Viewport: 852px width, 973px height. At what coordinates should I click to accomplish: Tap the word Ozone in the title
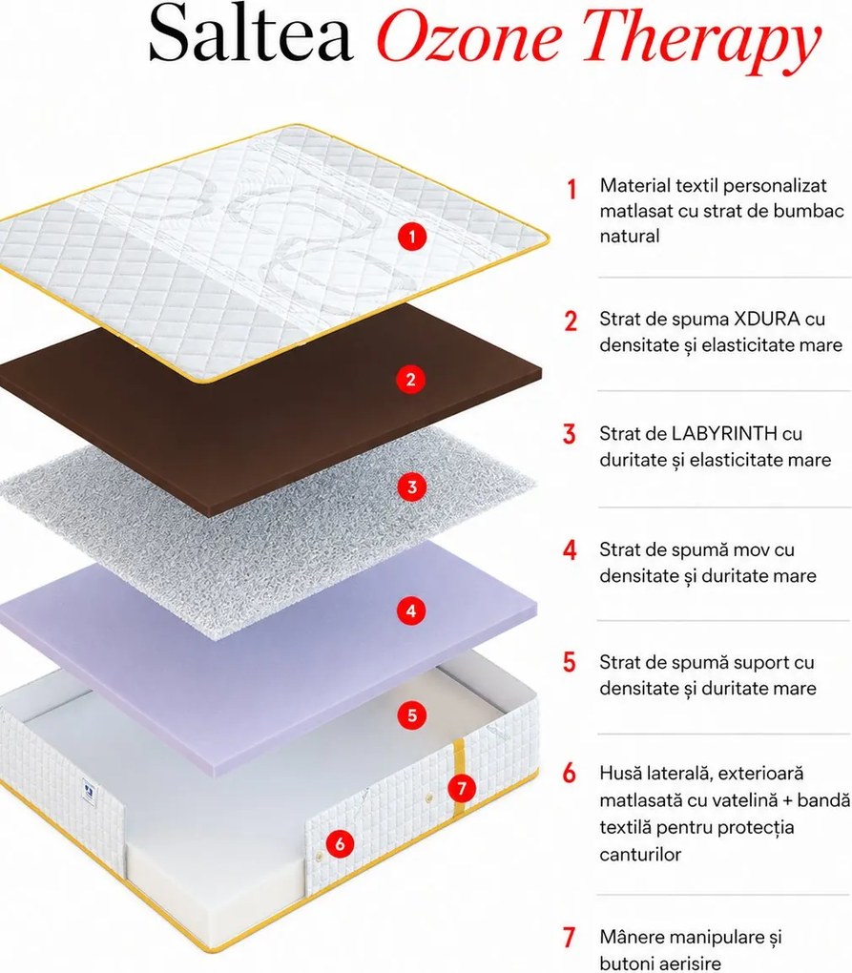pos(469,38)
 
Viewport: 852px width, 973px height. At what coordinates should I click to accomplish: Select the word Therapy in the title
pos(701,39)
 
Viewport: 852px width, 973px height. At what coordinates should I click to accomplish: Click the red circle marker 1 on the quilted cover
pos(412,237)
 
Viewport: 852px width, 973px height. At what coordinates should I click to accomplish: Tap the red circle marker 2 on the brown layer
pos(411,379)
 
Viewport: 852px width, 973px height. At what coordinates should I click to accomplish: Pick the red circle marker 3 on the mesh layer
pos(412,487)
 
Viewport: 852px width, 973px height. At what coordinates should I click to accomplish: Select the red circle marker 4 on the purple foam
pos(411,611)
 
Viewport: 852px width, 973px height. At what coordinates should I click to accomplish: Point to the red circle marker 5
pos(412,715)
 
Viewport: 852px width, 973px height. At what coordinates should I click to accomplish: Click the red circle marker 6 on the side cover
pos(340,843)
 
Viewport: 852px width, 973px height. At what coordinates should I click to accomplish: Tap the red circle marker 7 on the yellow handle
pos(462,788)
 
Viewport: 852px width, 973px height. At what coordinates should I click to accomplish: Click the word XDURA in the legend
pos(766,319)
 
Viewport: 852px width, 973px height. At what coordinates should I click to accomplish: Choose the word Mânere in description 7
pos(633,937)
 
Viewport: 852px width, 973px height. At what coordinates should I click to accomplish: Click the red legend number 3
pos(570,434)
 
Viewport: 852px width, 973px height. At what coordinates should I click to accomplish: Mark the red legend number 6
pos(570,774)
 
